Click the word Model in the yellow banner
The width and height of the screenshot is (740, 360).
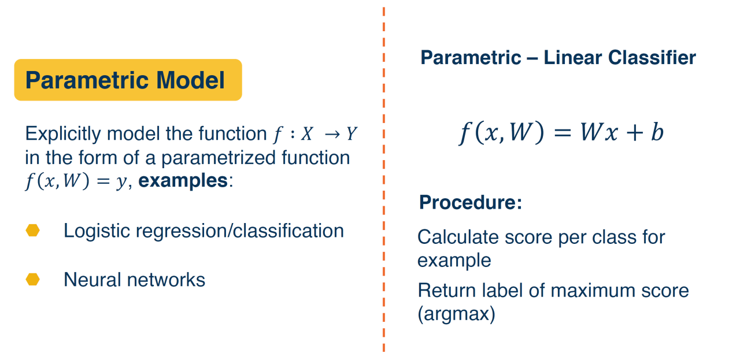190,80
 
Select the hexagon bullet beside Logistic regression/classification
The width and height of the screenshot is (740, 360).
33,231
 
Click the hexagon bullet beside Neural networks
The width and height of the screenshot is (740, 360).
33,280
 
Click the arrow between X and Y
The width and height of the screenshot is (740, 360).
332,134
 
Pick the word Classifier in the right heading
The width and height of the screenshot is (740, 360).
652,58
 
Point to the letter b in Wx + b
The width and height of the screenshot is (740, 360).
657,132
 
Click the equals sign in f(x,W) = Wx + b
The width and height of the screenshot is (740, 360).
562,133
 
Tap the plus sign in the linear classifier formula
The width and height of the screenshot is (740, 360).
634,133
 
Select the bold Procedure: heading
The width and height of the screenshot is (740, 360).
471,202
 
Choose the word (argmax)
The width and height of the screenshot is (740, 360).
457,314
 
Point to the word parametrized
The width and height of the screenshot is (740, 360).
219,158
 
